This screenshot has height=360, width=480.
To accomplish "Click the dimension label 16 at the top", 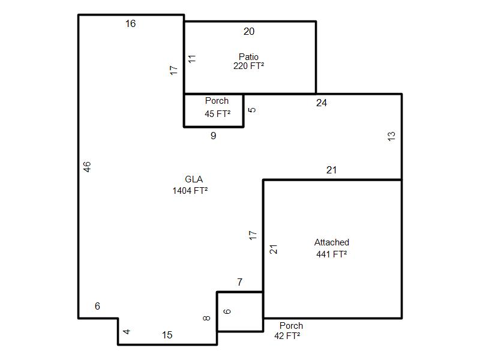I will click(x=130, y=24).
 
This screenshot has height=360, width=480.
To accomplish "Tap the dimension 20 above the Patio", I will click(x=249, y=32).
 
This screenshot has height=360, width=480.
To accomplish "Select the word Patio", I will click(x=248, y=57).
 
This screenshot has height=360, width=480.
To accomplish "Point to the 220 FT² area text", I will click(x=248, y=66).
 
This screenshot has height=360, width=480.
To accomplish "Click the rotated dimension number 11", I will click(x=192, y=59).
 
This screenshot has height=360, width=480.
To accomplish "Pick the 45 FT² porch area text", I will click(x=217, y=113).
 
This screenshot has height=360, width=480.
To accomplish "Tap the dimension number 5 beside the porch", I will click(x=252, y=110).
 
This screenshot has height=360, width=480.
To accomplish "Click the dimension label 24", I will click(x=322, y=103).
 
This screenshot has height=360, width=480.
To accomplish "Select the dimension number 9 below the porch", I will click(x=213, y=136).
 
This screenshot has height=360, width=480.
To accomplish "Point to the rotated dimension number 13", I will click(x=392, y=136).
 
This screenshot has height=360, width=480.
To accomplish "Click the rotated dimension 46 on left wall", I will click(x=87, y=167).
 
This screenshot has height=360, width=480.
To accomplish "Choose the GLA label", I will click(x=194, y=179).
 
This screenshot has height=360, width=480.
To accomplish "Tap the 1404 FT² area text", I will click(x=190, y=191).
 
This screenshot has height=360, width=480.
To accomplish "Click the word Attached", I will click(x=332, y=242).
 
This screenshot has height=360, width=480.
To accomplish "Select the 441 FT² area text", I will click(x=332, y=254).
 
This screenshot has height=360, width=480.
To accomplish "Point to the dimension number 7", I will click(x=240, y=283).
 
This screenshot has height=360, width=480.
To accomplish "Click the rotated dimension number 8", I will click(x=207, y=318).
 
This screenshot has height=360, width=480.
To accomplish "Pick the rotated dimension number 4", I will click(x=127, y=332).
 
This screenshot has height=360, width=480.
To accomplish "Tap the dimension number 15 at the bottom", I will click(x=167, y=335).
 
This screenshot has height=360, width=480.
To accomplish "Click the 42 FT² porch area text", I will click(x=287, y=336).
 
